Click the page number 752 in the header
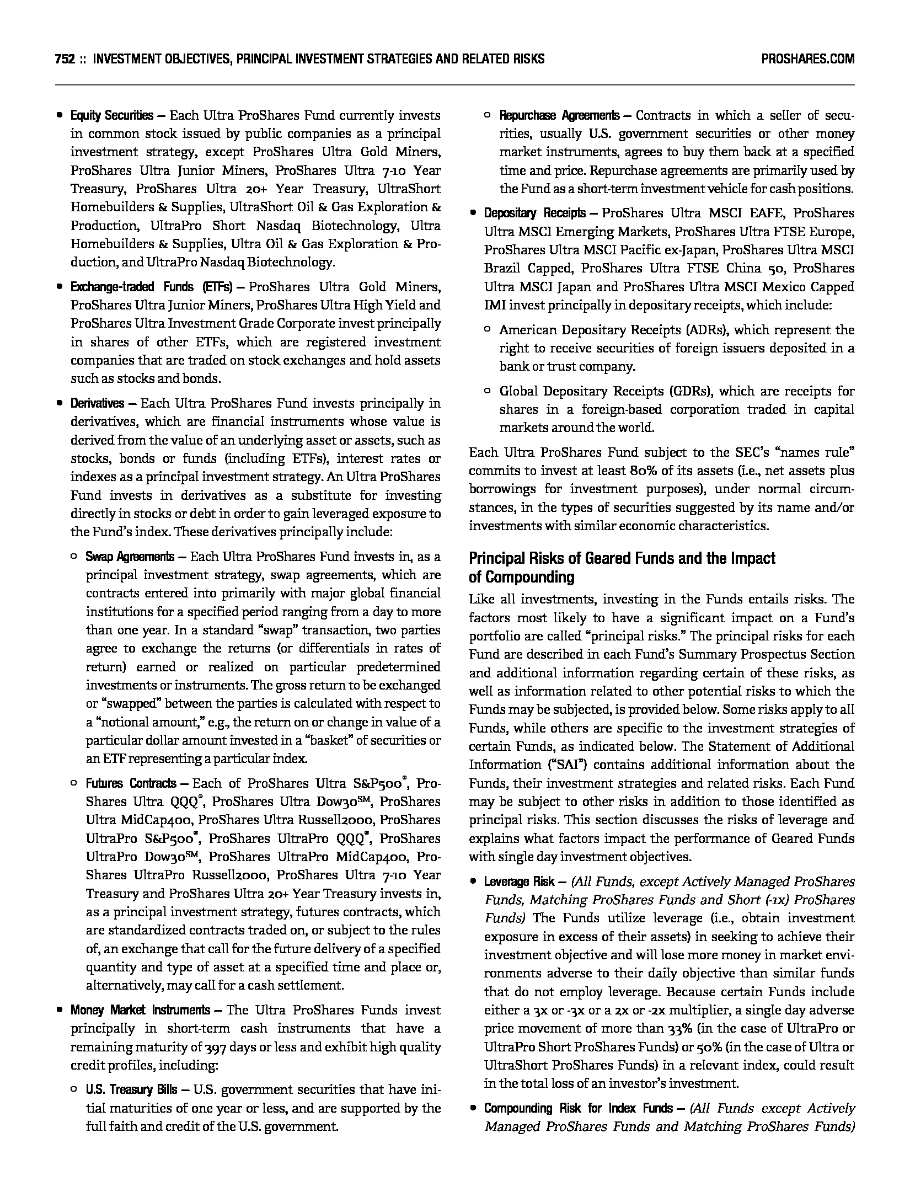65,59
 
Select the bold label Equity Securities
111,116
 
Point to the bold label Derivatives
97,404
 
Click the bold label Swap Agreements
130,557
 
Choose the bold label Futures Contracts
131,783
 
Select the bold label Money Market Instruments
140,1011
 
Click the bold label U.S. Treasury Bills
131,1090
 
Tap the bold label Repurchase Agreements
559,116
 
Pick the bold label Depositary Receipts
534,213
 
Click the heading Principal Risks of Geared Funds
622,559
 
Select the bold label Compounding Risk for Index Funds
578,1109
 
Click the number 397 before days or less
213,1048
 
